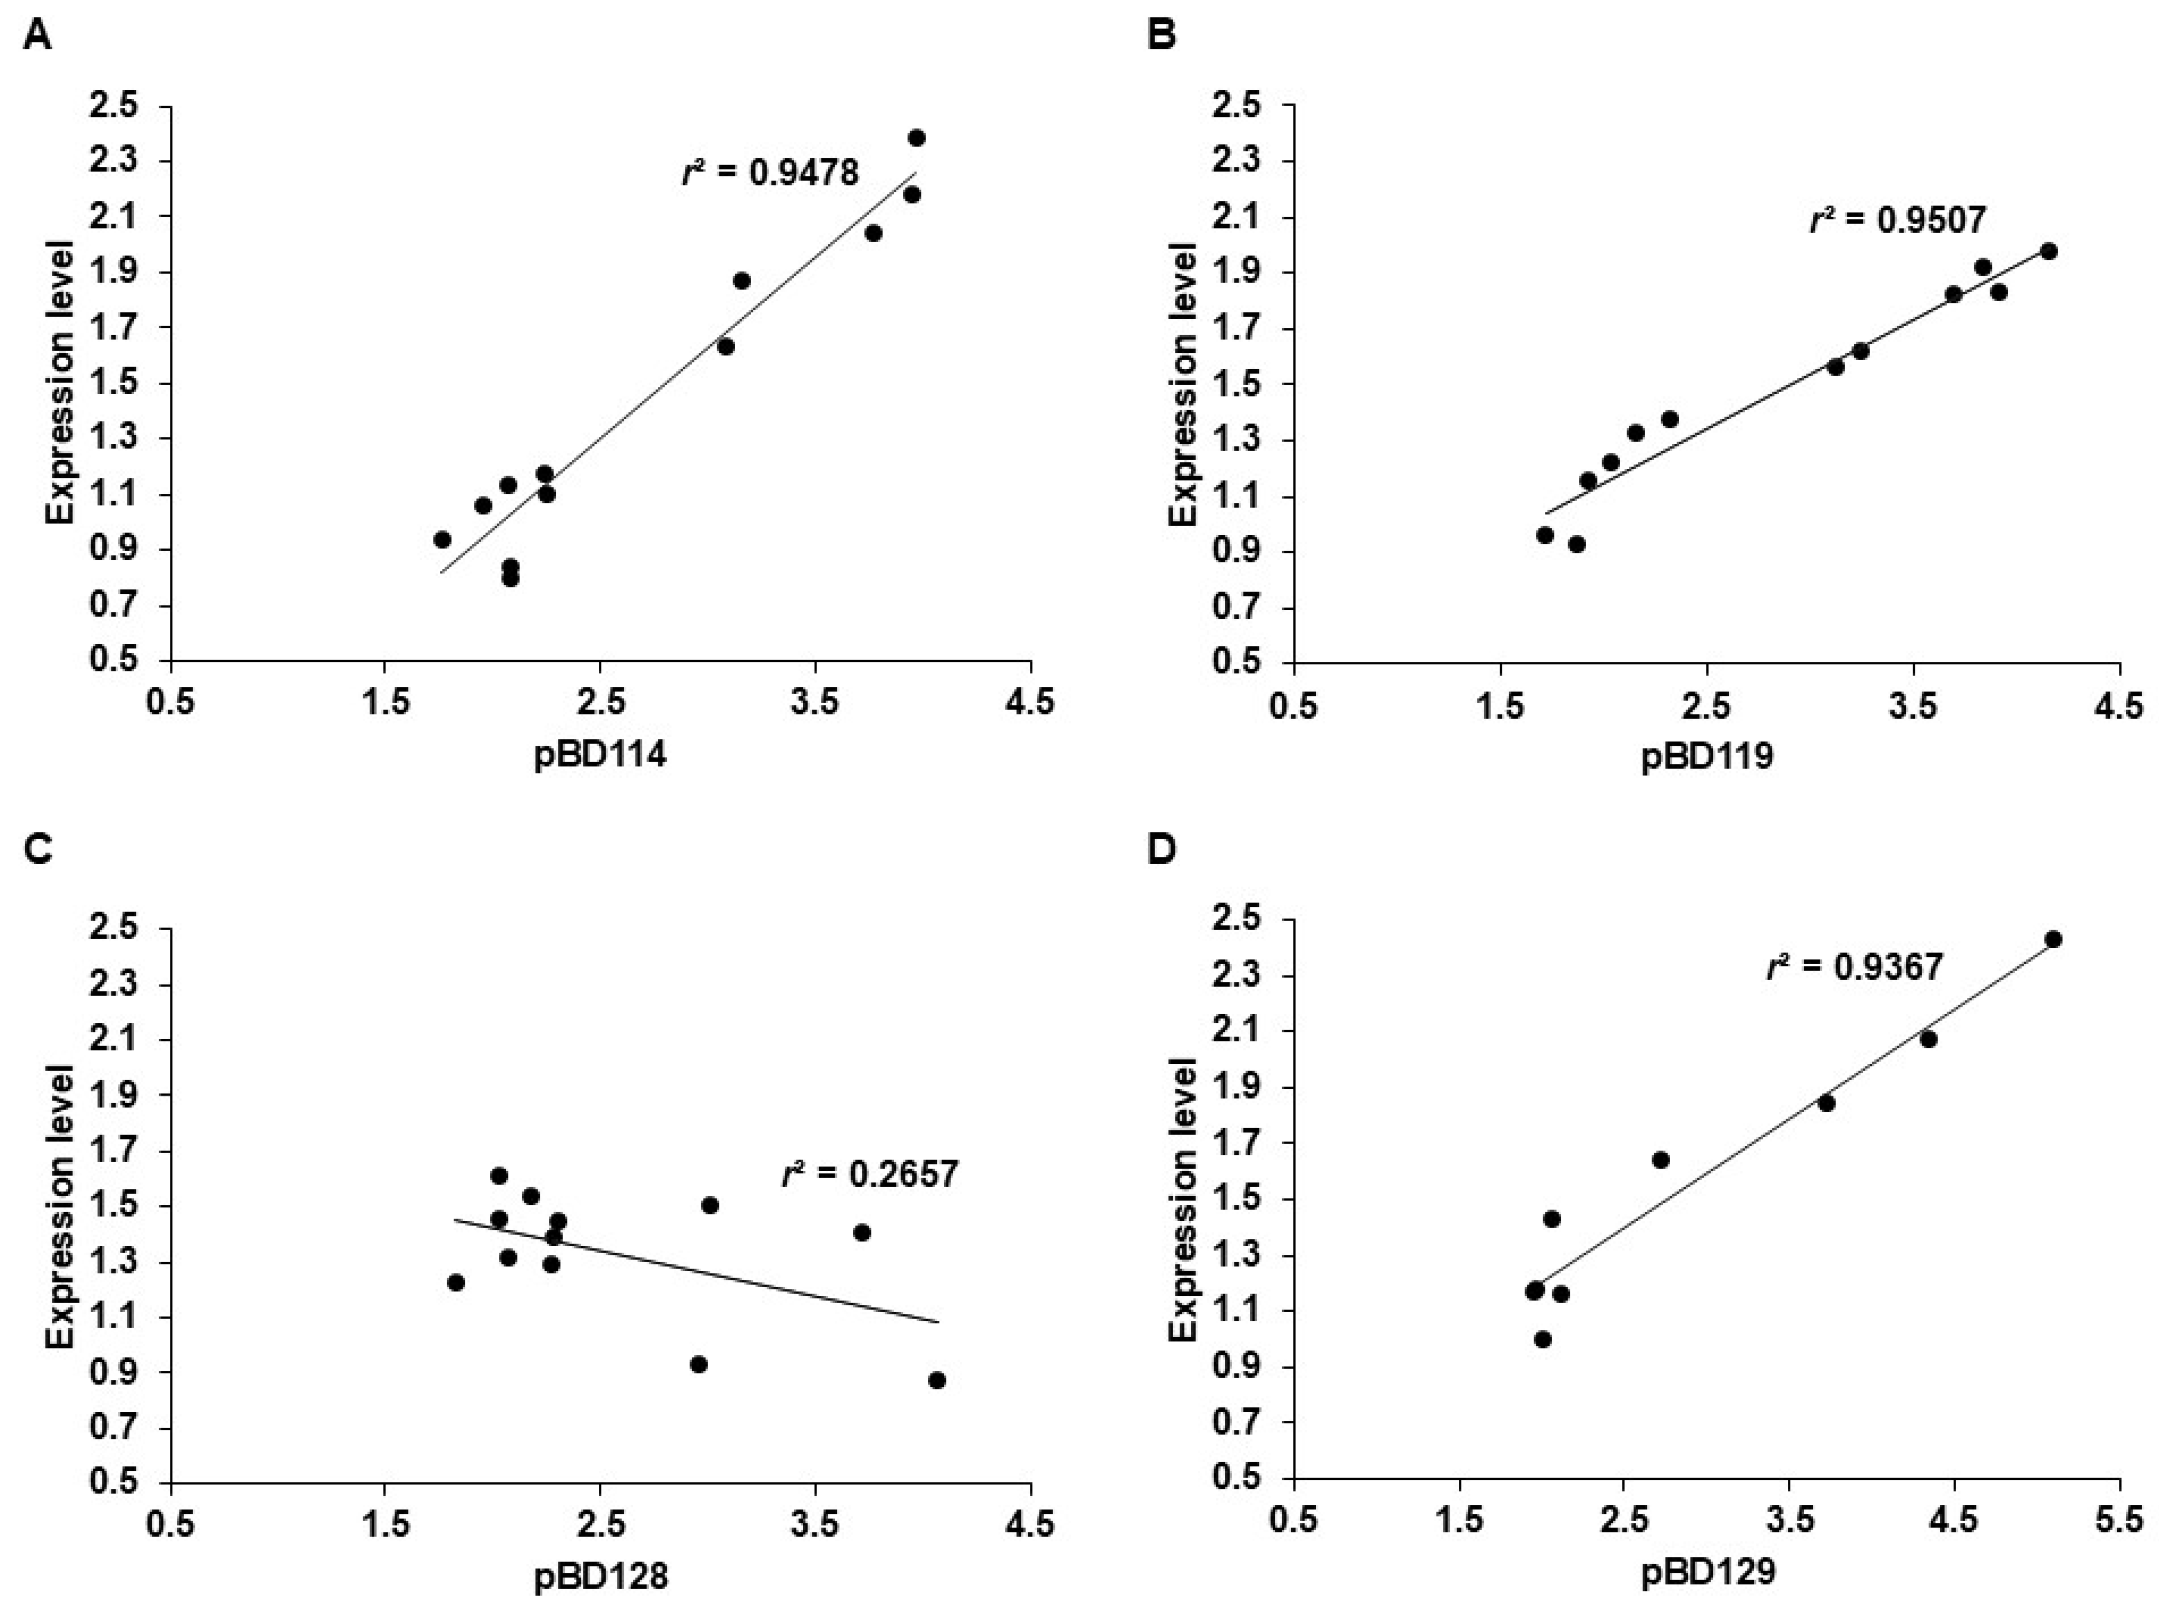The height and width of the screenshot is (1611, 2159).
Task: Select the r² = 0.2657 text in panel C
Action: click(870, 1174)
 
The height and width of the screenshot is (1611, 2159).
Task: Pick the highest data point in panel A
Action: click(916, 139)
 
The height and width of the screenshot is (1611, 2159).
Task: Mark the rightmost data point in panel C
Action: click(937, 1380)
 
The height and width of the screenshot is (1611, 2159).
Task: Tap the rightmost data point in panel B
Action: click(2049, 252)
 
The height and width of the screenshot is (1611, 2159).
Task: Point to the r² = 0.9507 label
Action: click(1897, 220)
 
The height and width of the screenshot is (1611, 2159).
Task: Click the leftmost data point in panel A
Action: click(442, 539)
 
